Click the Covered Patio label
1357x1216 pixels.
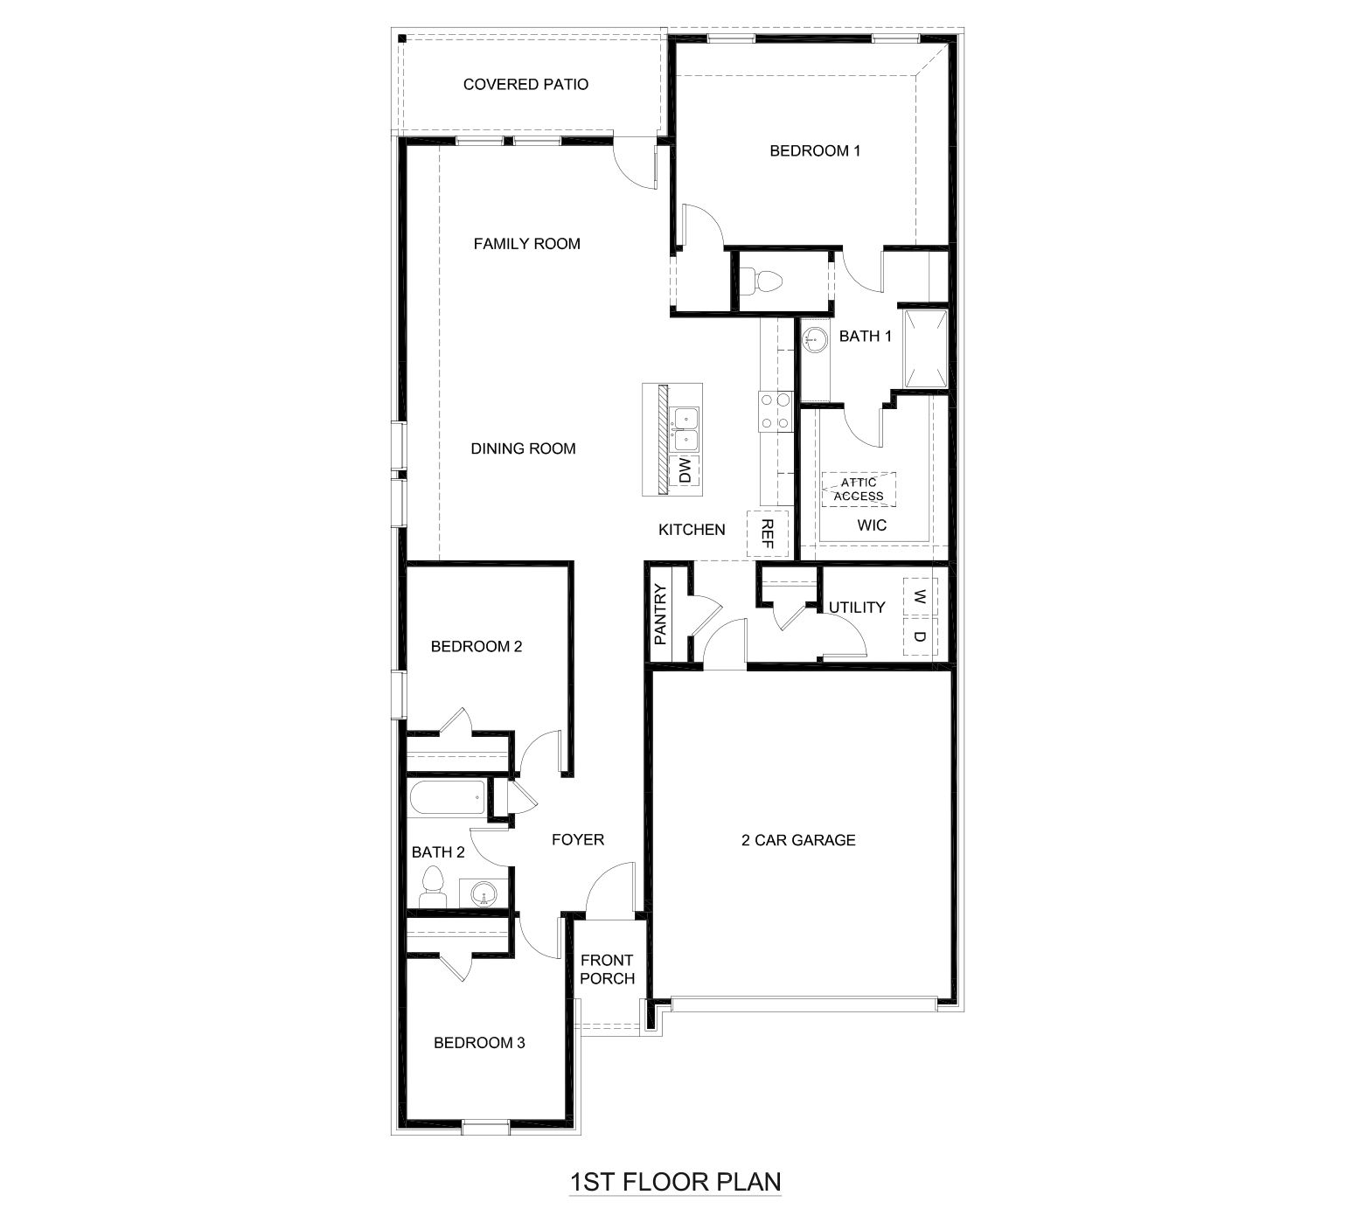(x=525, y=85)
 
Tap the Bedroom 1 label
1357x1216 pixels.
(x=814, y=150)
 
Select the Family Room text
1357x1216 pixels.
(x=526, y=244)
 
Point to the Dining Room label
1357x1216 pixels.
(x=523, y=448)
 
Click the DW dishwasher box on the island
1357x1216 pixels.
(x=684, y=471)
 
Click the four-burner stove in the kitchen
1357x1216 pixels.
(x=775, y=411)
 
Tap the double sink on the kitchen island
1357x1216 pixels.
(x=684, y=427)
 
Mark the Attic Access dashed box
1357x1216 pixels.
(x=858, y=490)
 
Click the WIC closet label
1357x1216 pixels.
(x=872, y=525)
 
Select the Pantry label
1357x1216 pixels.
(x=660, y=614)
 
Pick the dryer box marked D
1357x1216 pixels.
(x=919, y=637)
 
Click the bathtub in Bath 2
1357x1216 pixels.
(x=447, y=797)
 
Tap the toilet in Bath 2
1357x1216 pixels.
(x=432, y=886)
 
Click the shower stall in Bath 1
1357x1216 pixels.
(x=925, y=348)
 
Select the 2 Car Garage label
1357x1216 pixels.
(x=797, y=840)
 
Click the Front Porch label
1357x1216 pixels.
(x=607, y=969)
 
